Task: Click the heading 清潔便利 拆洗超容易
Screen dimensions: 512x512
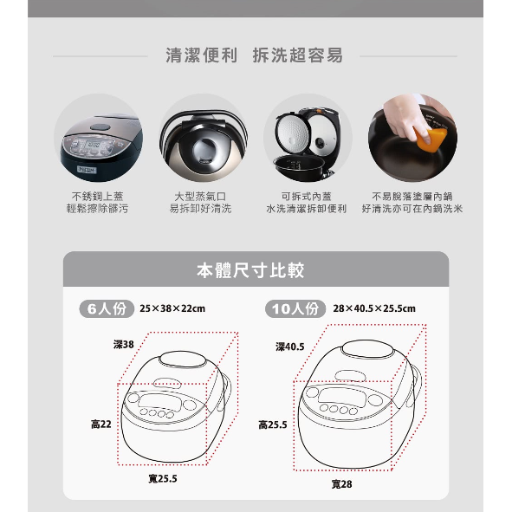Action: pos(255,55)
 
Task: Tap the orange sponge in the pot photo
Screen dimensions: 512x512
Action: pos(430,139)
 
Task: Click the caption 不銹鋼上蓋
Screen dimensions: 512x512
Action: pos(97,197)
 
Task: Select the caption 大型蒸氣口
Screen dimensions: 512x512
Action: pos(200,197)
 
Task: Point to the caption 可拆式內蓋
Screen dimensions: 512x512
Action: pos(307,197)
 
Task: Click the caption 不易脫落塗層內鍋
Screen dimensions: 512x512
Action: pos(412,197)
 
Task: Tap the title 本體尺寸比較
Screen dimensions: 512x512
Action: pos(250,270)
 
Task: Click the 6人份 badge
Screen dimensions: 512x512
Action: pos(107,308)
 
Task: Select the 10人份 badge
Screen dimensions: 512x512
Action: pos(295,308)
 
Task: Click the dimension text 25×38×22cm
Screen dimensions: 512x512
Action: pos(172,308)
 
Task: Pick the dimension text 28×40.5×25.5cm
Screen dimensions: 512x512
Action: pos(374,308)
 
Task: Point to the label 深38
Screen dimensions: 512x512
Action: pos(124,345)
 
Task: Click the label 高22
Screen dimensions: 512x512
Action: pos(101,425)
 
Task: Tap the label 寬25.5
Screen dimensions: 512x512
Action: pos(163,479)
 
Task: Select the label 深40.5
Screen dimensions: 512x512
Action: pos(290,347)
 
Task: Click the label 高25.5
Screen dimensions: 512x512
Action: pos(273,425)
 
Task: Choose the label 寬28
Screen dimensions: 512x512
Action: pos(342,484)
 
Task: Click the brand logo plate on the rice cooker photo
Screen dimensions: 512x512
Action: pos(87,170)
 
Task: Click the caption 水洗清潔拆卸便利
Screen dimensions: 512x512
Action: pos(307,209)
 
